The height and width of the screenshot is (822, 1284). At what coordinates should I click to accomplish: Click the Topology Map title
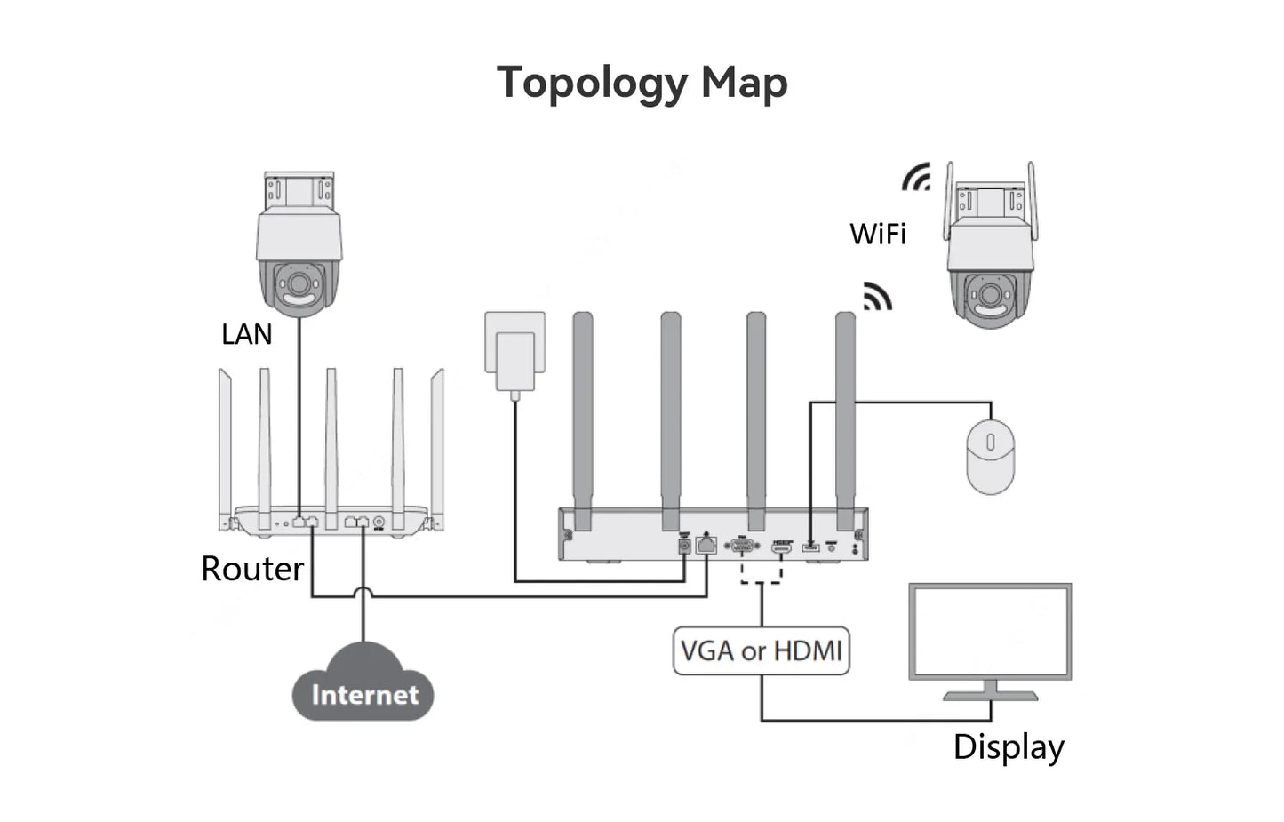pyautogui.click(x=642, y=84)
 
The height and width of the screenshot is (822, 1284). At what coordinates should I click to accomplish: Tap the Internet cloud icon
pyautogui.click(x=363, y=684)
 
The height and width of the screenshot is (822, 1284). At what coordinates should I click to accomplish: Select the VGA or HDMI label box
pyautogui.click(x=761, y=651)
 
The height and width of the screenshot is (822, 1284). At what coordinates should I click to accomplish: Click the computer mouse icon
pyautogui.click(x=990, y=458)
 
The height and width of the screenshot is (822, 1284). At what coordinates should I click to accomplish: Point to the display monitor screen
pyautogui.click(x=990, y=631)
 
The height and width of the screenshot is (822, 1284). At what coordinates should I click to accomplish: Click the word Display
pyautogui.click(x=1009, y=747)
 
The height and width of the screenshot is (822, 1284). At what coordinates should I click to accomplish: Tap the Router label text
pyautogui.click(x=252, y=569)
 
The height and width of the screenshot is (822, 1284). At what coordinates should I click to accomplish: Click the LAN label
pyautogui.click(x=246, y=334)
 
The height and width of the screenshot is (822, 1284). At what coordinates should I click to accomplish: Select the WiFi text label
pyautogui.click(x=877, y=234)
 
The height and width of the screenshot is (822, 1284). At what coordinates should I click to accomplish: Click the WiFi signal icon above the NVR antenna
pyautogui.click(x=876, y=297)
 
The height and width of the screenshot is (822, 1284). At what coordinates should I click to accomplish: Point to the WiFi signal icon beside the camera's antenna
pyautogui.click(x=916, y=178)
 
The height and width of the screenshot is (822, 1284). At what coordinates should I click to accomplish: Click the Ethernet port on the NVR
pyautogui.click(x=706, y=545)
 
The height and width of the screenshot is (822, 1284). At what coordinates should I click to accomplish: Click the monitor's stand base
pyautogui.click(x=990, y=695)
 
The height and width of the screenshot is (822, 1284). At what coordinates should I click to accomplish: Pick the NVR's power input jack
pyautogui.click(x=684, y=546)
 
